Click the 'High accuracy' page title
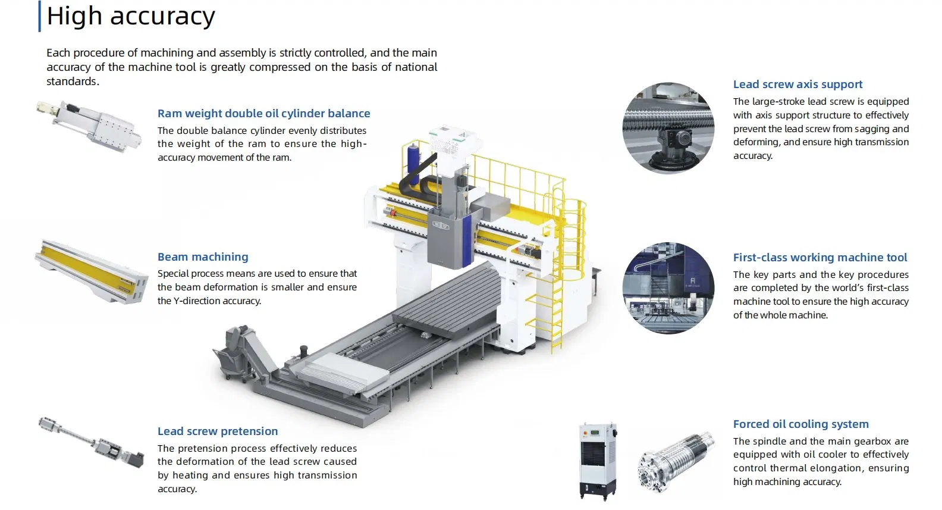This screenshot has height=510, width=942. click(131, 17)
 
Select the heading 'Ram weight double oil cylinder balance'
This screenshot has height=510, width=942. click(263, 114)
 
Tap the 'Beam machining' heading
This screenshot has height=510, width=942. click(203, 257)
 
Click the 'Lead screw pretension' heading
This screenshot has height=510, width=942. click(218, 431)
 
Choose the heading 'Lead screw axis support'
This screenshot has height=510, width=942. click(797, 85)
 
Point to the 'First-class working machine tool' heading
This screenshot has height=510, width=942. click(820, 258)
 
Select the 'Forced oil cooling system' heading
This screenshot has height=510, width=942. click(800, 424)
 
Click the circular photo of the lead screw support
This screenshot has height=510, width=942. click(668, 129)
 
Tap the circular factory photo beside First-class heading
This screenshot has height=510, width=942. click(668, 288)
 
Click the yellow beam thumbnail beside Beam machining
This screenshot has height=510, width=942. click(91, 272)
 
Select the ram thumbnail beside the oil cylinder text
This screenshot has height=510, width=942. click(89, 126)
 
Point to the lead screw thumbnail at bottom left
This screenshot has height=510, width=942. click(92, 442)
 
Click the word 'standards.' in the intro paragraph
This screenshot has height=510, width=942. click(73, 82)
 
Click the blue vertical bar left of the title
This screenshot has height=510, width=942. click(40, 17)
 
